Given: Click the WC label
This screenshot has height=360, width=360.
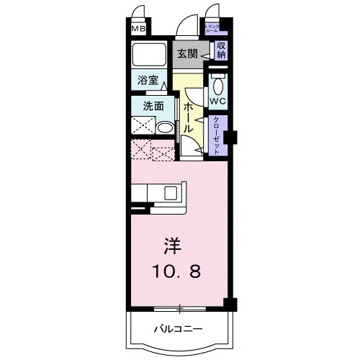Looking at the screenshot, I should pos(218,101).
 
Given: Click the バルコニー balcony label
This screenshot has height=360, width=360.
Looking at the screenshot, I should pos(177,329).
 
